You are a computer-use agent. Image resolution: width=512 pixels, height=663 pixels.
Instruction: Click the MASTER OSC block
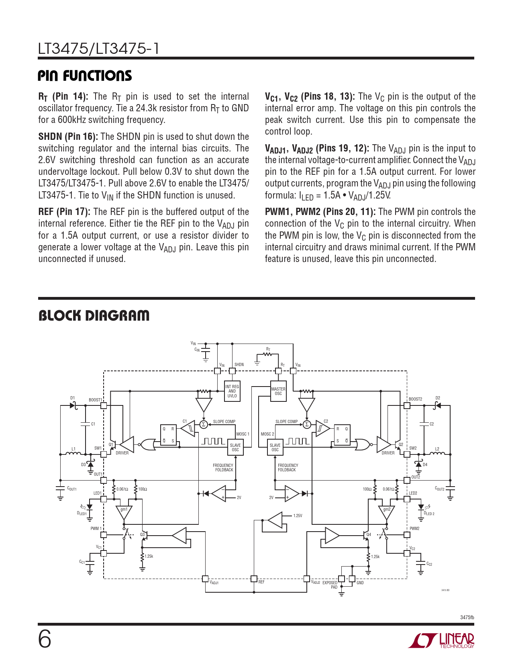[x=278, y=391]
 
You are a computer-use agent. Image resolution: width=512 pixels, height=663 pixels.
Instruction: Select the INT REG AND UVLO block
[x=232, y=391]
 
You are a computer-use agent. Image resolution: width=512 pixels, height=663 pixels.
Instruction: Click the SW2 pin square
[x=407, y=454]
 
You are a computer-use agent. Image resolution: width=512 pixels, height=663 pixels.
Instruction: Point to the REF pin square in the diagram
[x=254, y=579]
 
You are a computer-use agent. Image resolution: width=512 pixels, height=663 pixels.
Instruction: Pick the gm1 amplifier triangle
[x=124, y=512]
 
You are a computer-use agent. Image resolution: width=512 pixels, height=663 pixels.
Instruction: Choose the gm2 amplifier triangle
[x=387, y=512]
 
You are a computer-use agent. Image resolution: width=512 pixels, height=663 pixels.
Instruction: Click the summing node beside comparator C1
[x=204, y=424]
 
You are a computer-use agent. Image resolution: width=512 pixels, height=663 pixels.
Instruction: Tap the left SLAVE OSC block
[x=235, y=447]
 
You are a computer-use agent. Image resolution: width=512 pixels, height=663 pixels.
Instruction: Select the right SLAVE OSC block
[x=275, y=447]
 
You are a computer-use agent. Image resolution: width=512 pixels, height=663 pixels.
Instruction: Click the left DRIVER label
[x=122, y=453]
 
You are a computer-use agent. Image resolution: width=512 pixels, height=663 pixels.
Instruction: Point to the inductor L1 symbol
[x=73, y=454]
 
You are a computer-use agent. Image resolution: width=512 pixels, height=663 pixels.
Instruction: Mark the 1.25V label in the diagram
[x=298, y=516]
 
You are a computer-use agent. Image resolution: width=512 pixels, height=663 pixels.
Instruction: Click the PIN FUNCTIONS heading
[x=85, y=76]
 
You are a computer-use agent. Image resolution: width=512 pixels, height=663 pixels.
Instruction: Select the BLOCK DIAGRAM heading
[x=94, y=316]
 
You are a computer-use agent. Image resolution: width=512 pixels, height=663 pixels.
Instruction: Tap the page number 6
[x=45, y=639]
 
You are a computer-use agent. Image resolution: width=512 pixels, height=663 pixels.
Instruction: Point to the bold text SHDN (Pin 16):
[x=68, y=137]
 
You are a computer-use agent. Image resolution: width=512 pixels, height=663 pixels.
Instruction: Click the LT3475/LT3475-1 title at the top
[x=99, y=49]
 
